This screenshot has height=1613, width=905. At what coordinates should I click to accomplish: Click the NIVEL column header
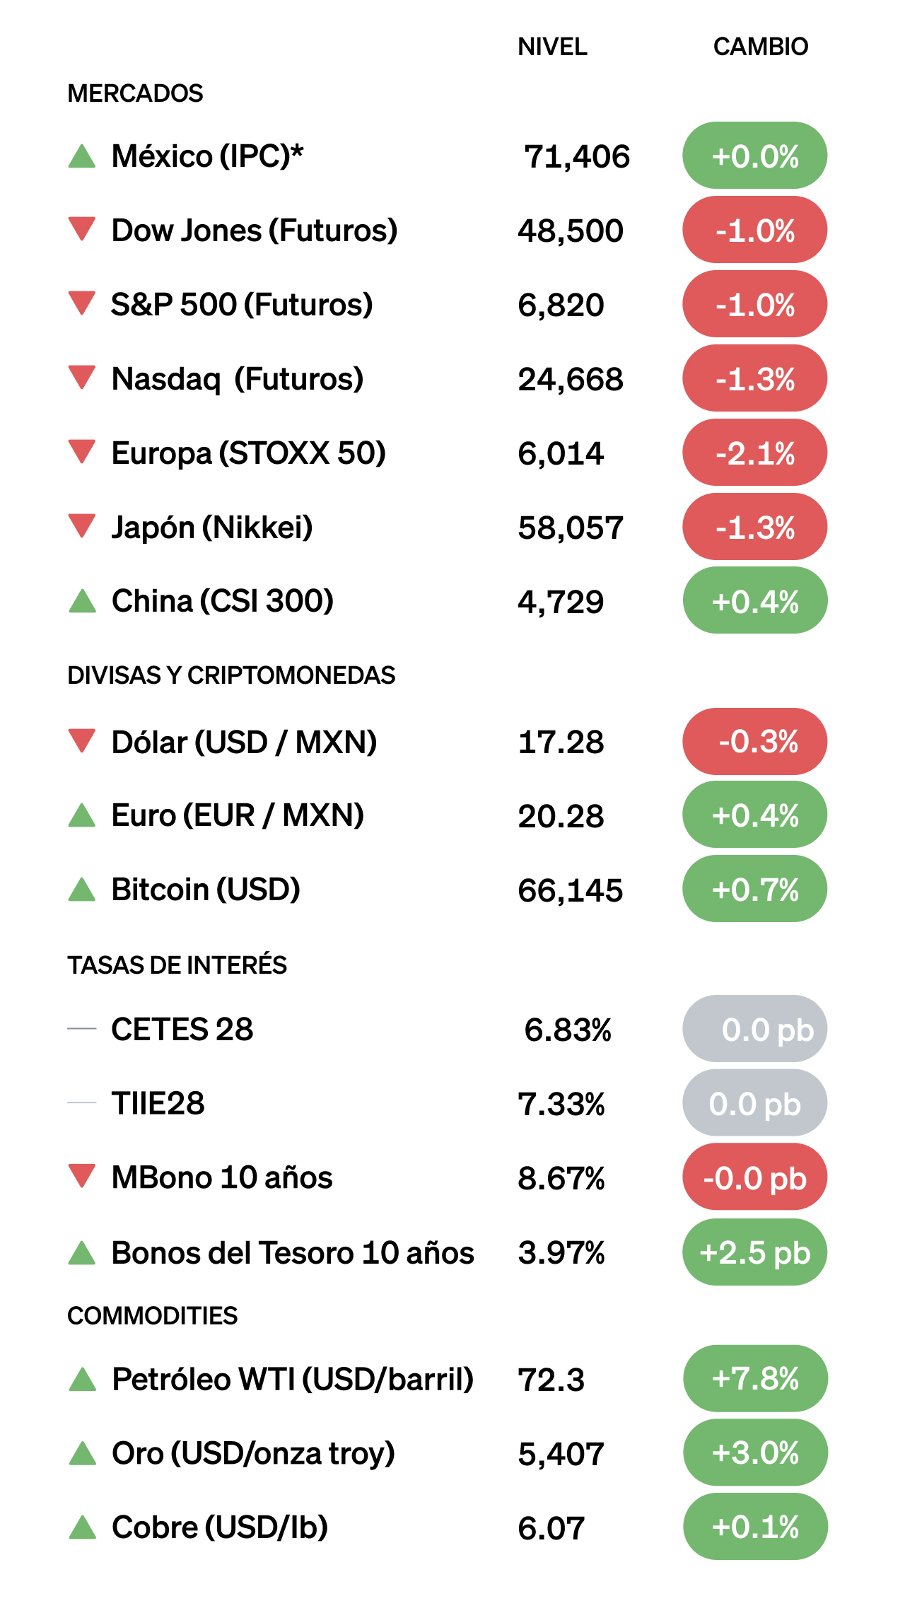(552, 47)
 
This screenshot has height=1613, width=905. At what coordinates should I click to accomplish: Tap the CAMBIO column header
(760, 47)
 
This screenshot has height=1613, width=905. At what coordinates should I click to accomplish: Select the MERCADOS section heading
(135, 93)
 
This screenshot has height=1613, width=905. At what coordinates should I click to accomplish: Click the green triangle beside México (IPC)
(82, 156)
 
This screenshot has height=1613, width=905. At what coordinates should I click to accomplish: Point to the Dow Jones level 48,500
(570, 231)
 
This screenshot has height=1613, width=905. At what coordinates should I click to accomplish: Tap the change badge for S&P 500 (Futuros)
(754, 305)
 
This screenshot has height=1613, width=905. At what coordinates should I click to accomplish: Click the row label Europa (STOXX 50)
(249, 453)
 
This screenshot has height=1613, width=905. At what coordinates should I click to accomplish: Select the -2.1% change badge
(754, 453)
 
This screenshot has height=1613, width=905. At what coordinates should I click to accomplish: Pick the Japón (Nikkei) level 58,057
(570, 528)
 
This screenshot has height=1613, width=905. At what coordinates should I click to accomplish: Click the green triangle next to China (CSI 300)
(83, 601)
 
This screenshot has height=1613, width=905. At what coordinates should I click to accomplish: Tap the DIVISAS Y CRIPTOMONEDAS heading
(231, 675)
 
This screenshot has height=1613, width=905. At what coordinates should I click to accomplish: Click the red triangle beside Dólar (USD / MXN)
(82, 740)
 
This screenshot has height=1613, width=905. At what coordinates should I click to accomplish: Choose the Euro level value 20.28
(561, 816)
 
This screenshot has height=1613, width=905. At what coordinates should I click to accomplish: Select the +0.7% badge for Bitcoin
(754, 890)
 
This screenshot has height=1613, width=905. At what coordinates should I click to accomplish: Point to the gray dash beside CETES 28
(82, 1029)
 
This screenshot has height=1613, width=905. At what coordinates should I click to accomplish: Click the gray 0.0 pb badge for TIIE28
(754, 1104)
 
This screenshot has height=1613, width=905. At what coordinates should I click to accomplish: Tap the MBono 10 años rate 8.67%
(561, 1178)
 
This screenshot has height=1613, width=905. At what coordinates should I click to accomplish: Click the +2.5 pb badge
(754, 1252)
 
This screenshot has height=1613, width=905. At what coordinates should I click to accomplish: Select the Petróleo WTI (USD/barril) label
(293, 1379)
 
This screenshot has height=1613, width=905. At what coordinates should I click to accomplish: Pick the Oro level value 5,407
(561, 1454)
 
